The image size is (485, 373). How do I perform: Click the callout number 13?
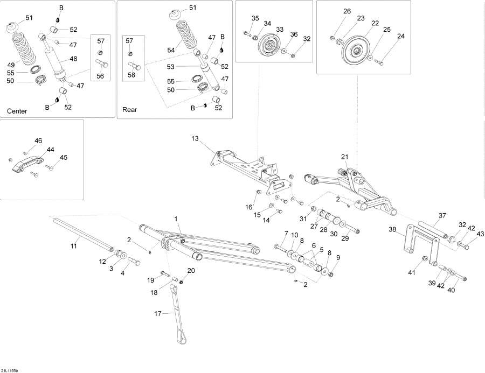click(195, 138)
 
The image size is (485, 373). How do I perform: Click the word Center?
click(17, 111)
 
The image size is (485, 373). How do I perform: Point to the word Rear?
click(130, 109)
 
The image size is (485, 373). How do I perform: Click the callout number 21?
click(345, 157)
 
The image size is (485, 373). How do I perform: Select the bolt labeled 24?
click(379, 62)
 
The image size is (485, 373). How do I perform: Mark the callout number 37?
click(442, 215)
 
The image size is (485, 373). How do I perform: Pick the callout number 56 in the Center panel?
click(100, 76)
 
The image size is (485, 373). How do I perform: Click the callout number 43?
click(481, 234)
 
